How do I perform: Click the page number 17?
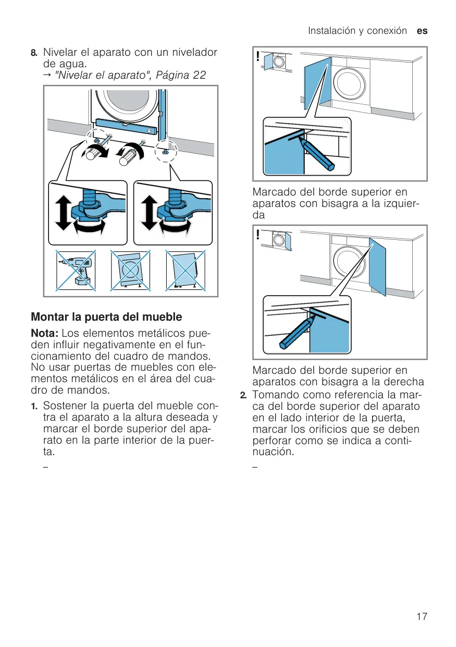(422, 616)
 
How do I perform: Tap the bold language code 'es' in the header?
(422, 31)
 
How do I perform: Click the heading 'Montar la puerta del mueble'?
(106, 317)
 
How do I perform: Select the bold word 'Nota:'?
(45, 333)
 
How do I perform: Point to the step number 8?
(34, 53)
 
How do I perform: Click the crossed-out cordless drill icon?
(76, 271)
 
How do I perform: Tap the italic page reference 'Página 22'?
(181, 75)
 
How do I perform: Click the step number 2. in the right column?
(243, 395)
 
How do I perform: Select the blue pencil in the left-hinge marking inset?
(316, 154)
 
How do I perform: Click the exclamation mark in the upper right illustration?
(257, 56)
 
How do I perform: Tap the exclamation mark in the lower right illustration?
(257, 235)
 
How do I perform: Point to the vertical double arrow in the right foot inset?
(149, 212)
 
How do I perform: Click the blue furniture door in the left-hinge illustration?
(317, 83)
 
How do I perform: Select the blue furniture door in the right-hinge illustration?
(377, 266)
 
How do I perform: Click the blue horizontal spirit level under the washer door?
(126, 127)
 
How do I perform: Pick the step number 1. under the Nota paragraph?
(34, 407)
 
